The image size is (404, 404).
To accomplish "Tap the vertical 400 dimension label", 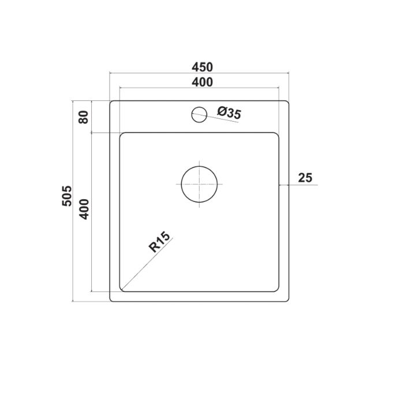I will pos(84,208).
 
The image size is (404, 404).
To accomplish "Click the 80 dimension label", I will pos(84,117).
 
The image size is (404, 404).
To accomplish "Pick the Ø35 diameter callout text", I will pos(229,114).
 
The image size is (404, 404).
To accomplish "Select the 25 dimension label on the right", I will pos(305,178).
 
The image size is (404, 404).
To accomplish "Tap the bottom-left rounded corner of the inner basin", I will pos(122,289).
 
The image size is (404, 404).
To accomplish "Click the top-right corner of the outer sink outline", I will pos(287,102).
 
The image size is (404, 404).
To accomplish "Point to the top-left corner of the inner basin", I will pos(121,135).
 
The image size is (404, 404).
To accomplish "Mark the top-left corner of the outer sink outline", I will pos(111,102).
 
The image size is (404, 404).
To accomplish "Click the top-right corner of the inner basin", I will pos(278,135).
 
